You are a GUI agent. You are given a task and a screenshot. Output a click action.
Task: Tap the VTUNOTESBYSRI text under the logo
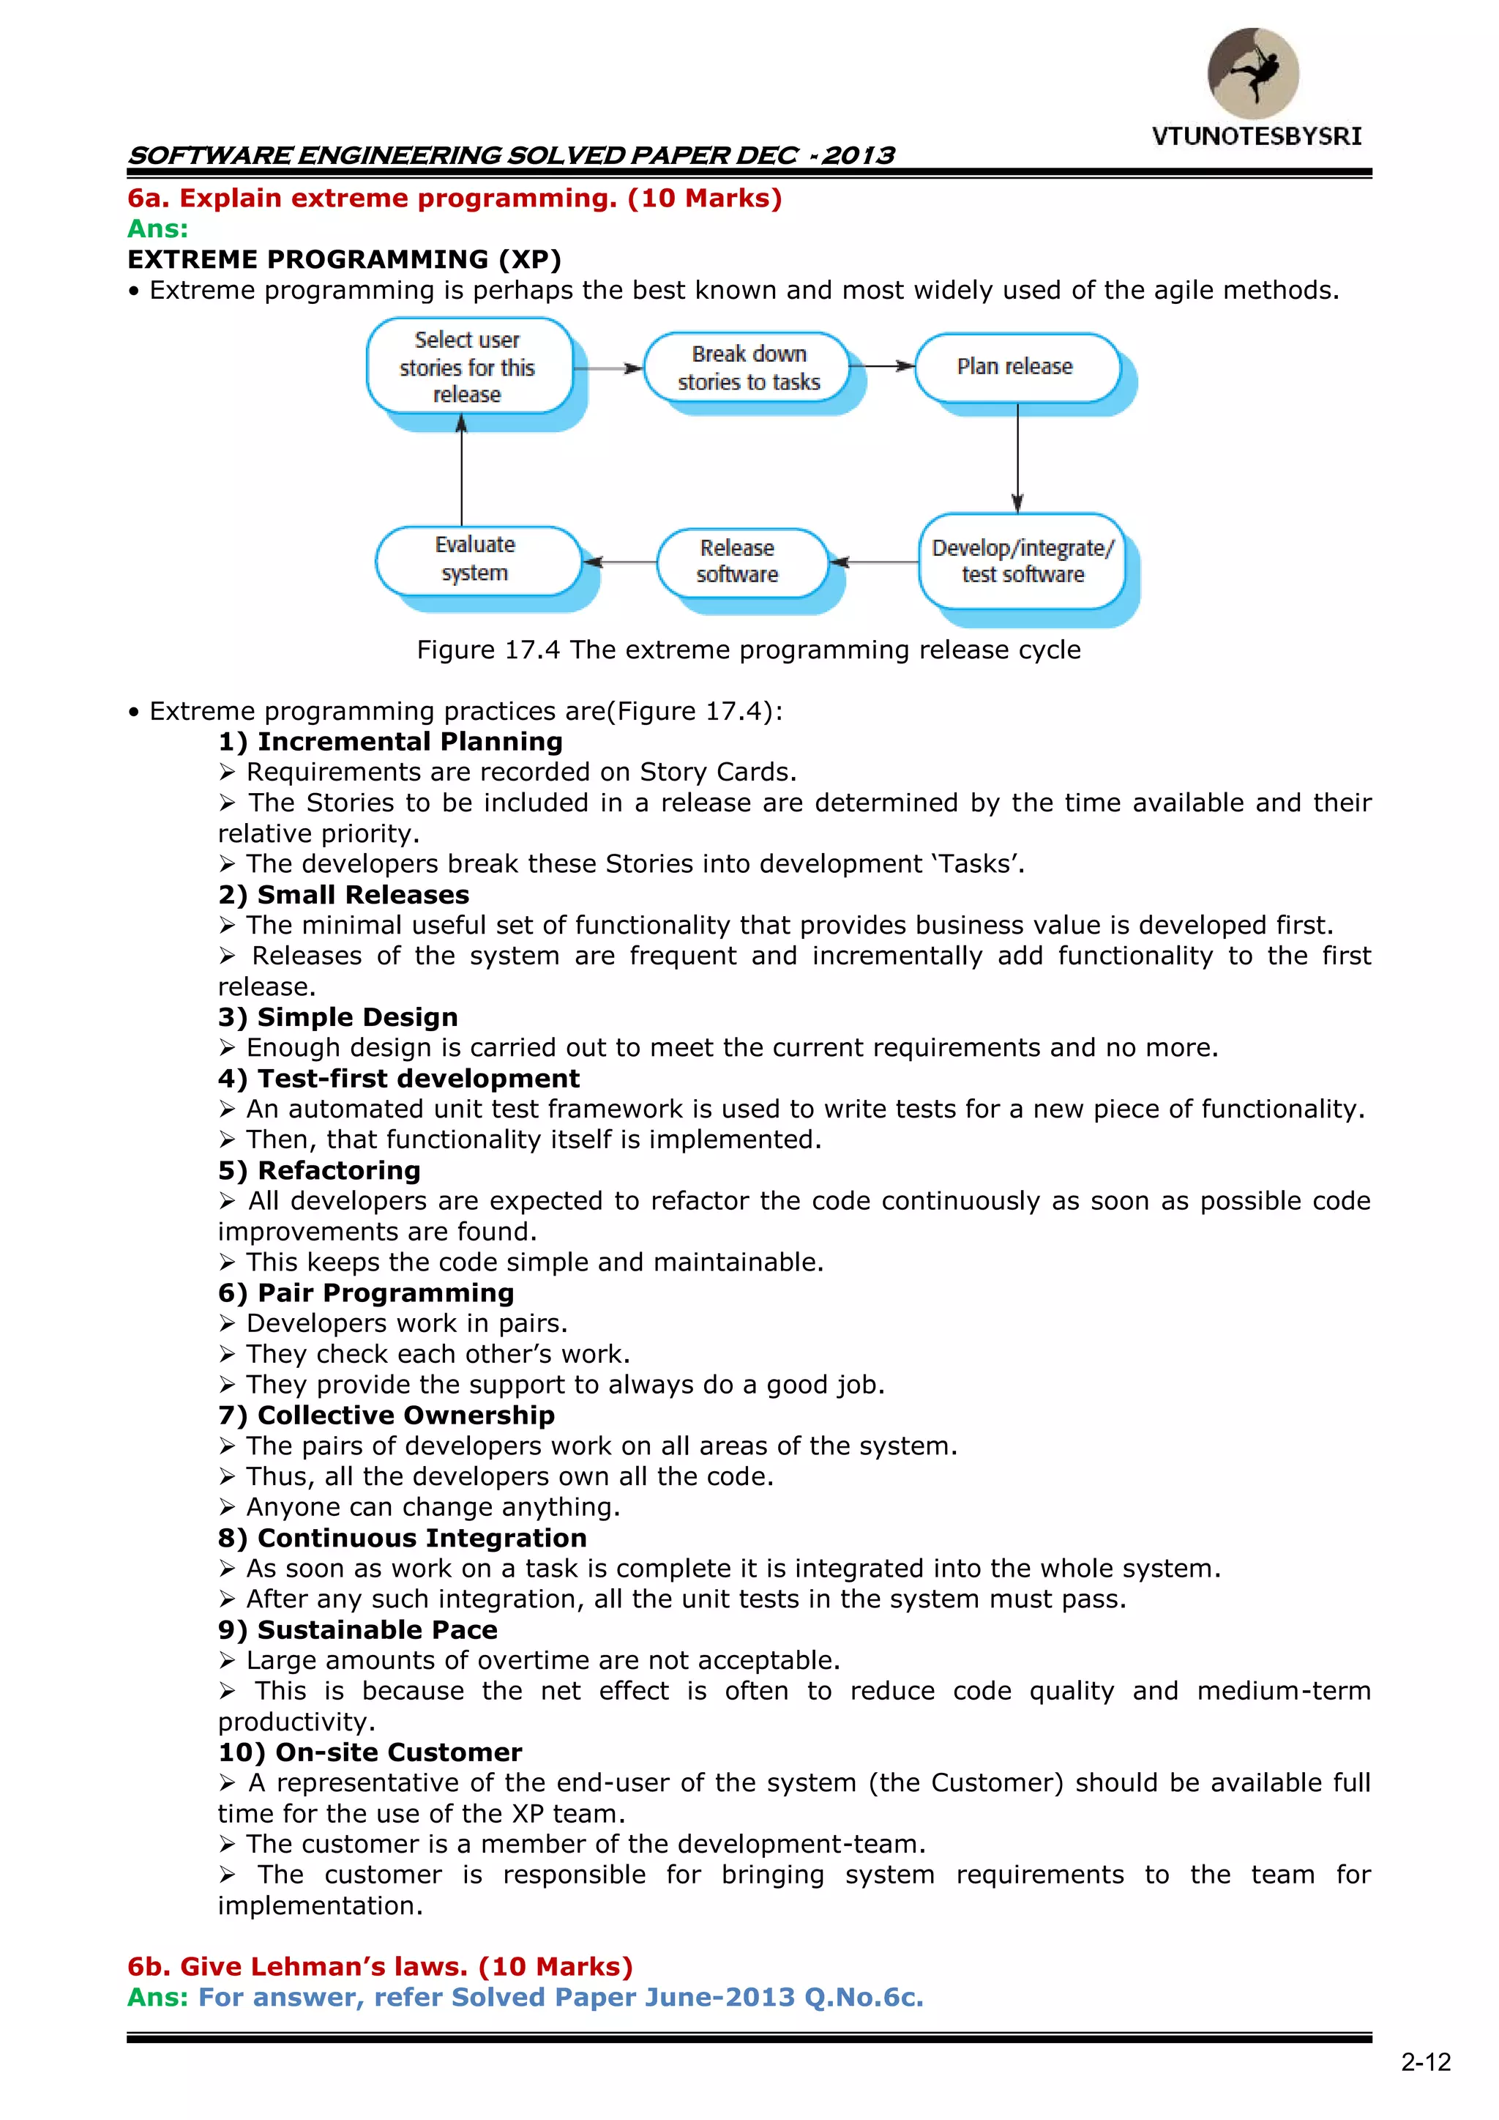point(1256,137)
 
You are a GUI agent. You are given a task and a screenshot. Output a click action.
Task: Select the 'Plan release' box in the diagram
point(1016,368)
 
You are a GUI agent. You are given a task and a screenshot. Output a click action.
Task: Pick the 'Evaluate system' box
point(476,559)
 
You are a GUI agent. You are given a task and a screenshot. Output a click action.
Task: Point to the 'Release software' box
point(739,562)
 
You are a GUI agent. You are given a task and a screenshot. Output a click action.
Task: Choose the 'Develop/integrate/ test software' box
point(1022,562)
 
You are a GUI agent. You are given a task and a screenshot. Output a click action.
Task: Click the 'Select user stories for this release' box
point(468,367)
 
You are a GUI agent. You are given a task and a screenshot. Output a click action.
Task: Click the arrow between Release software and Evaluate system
point(620,562)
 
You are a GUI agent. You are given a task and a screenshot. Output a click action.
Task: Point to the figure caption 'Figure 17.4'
point(747,650)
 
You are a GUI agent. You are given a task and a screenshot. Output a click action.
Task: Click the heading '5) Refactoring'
point(319,1170)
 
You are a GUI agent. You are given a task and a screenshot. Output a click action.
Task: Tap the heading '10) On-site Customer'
point(370,1752)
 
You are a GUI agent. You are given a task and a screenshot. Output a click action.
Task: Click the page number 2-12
point(1425,2062)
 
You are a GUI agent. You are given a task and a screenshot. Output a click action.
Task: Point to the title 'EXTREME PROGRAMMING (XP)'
point(344,259)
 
